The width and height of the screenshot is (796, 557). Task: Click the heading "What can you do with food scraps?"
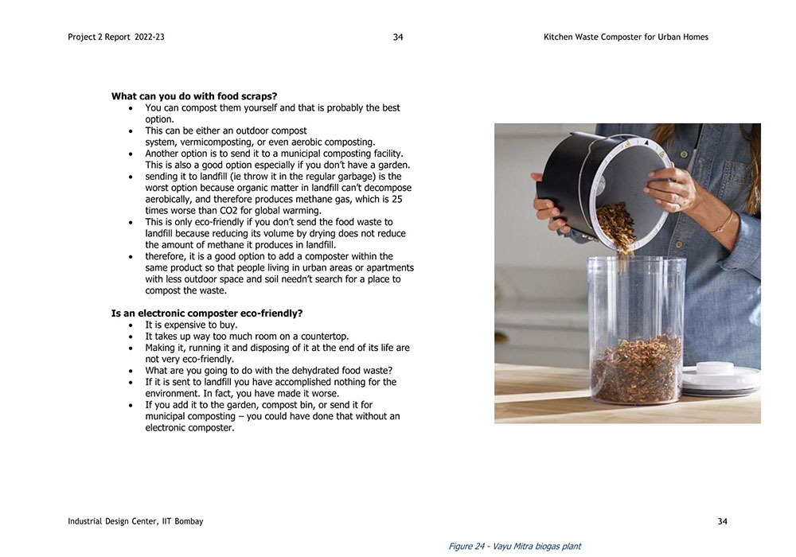point(194,96)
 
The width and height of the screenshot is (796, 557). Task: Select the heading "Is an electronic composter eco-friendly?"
point(207,314)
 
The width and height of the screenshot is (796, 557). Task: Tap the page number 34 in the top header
point(398,37)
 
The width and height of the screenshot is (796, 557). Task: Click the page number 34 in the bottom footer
point(722,521)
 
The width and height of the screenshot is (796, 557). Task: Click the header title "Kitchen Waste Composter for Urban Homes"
point(626,37)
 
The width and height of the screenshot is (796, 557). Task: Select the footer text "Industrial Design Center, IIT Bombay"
point(135,521)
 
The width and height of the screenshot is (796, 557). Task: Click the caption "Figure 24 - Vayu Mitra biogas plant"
point(514,547)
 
